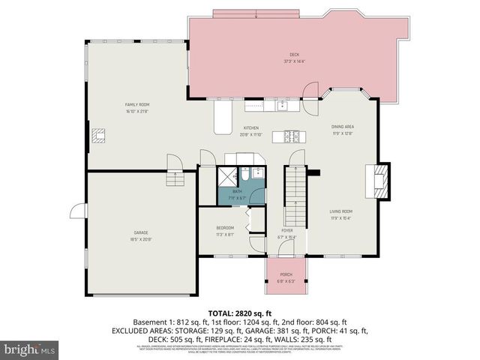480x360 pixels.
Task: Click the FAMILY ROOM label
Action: point(137,104)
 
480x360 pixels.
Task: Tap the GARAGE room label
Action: point(141,232)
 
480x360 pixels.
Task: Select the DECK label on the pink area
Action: point(294,54)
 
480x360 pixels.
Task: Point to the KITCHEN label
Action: point(250,128)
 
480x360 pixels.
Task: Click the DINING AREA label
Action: point(343,127)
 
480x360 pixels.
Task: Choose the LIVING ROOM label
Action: point(341,212)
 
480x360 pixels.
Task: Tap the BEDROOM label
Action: point(226,228)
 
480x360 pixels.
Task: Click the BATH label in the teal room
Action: point(237,192)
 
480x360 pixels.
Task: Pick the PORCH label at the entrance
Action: point(286,275)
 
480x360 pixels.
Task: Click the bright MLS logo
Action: point(29,349)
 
